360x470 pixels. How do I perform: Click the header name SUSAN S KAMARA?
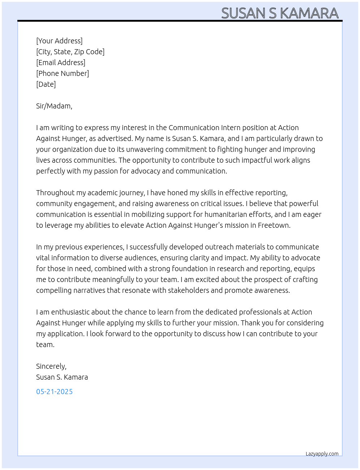tap(280, 13)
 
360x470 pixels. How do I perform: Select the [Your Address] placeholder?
tap(59, 41)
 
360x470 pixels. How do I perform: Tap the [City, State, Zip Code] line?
tap(70, 52)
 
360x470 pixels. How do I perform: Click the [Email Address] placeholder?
tap(61, 63)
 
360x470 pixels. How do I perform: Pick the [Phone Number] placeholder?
tap(63, 73)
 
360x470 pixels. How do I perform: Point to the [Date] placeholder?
tap(46, 84)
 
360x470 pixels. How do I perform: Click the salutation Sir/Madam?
tap(54, 106)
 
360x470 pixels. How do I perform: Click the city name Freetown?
tap(274, 225)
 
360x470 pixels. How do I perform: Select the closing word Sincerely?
tap(51, 366)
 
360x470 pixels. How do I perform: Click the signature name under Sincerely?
tap(62, 377)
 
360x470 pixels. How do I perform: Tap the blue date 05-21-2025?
tap(55, 392)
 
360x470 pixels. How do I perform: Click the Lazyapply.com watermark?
tap(322, 454)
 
